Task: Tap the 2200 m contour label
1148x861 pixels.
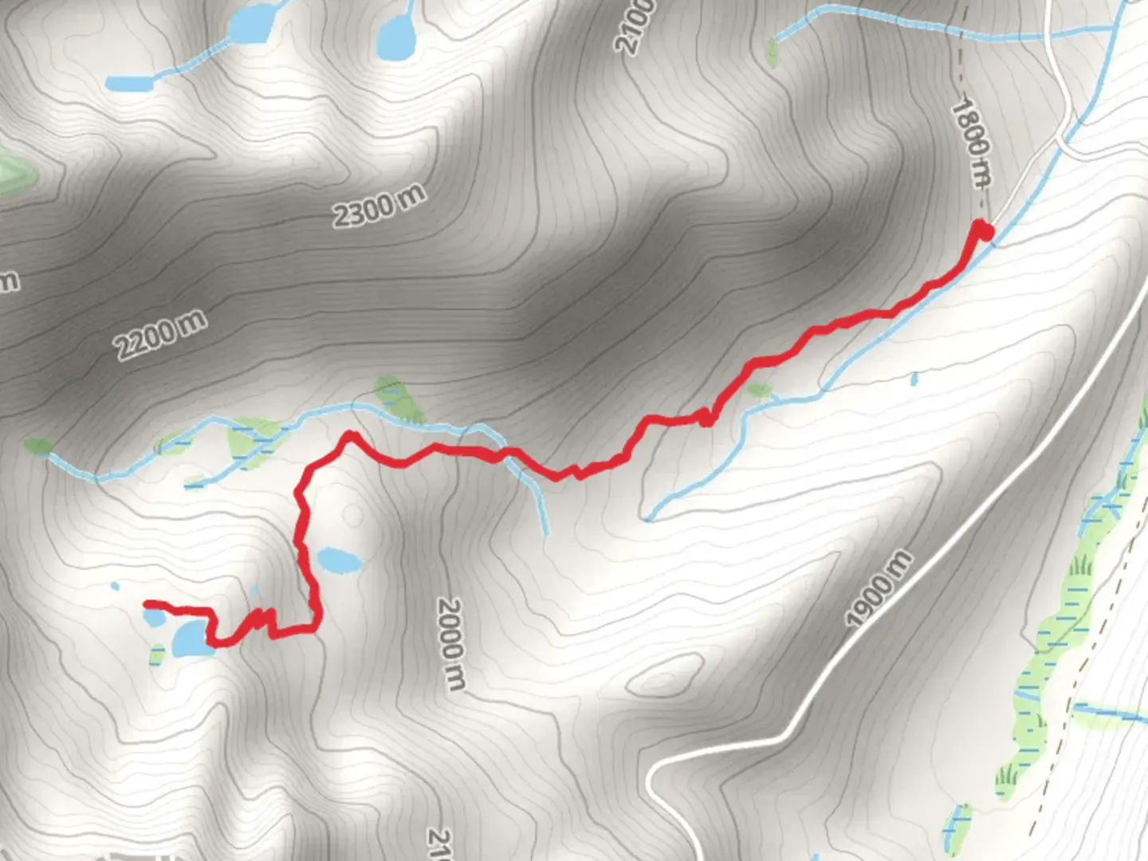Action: (x=160, y=334)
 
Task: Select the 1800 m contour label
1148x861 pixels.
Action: (x=971, y=142)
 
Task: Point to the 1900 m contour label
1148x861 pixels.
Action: (x=878, y=589)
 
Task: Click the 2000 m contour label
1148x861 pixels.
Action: (x=450, y=644)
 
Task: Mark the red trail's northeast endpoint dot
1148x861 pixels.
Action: (x=985, y=231)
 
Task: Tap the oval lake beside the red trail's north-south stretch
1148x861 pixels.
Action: (x=338, y=560)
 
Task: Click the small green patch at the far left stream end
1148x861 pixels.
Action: (x=37, y=446)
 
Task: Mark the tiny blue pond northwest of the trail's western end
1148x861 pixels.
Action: (x=115, y=587)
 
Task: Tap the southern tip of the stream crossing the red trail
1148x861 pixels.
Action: (x=547, y=532)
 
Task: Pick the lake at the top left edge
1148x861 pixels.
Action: (x=254, y=24)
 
